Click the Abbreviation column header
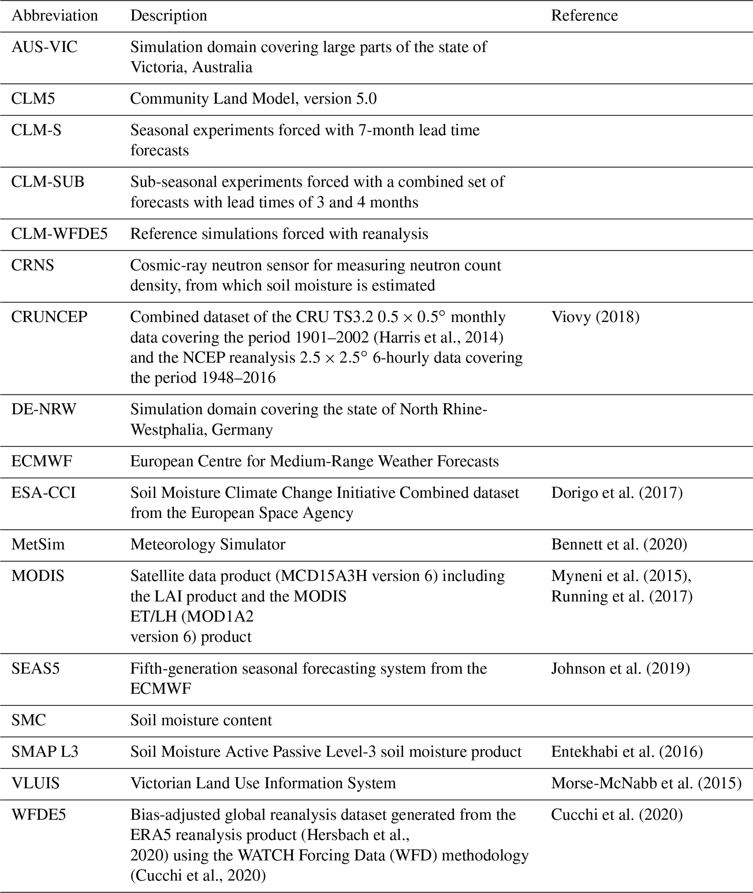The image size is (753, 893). coord(55,16)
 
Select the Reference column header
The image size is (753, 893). coord(584,16)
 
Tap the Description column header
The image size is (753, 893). coord(169,16)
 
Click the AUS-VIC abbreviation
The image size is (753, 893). coord(44,47)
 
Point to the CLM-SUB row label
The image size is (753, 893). coord(48,182)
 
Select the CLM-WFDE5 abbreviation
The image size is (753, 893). coord(59,234)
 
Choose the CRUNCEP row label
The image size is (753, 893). coord(50,317)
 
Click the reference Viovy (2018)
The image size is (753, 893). coord(595,317)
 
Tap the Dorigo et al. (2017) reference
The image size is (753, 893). coord(617,493)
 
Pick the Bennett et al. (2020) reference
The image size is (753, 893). coord(619,545)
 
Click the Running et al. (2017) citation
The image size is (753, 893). coord(621,596)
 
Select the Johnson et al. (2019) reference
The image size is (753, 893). coord(620,668)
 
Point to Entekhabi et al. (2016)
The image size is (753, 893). coord(627,752)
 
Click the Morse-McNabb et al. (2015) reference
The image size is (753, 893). coord(646,783)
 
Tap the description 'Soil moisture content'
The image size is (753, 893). coord(201,720)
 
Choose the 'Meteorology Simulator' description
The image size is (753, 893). coord(208,545)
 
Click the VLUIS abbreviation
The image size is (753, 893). coord(35,783)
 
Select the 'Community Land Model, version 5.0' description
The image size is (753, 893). coord(254,99)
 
